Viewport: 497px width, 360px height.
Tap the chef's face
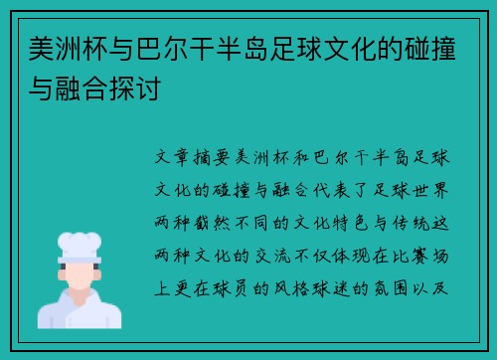point(79,277)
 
